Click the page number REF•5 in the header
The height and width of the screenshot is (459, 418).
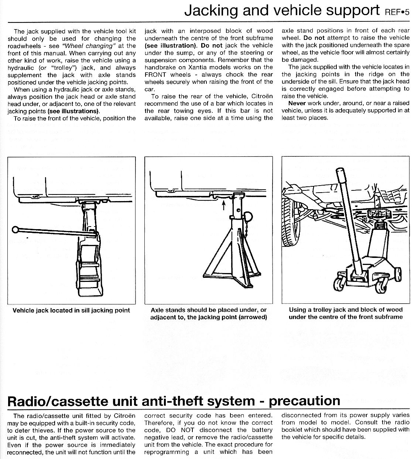point(397,12)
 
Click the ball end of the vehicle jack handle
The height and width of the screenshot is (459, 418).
point(16,229)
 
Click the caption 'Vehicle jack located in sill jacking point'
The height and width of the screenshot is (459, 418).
point(71,310)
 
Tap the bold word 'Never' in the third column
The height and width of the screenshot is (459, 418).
point(297,103)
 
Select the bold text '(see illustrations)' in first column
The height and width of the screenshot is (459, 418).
point(73,111)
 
